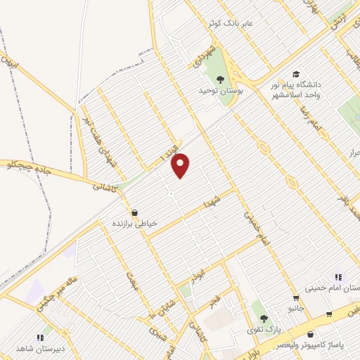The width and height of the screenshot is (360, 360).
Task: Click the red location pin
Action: point(181,165)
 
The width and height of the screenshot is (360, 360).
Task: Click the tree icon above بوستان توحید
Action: point(220,79)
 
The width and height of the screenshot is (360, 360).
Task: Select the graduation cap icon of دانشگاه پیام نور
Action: point(297,75)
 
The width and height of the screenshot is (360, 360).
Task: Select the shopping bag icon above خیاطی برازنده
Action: point(134,212)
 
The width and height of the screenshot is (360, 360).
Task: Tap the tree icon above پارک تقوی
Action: point(264,319)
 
